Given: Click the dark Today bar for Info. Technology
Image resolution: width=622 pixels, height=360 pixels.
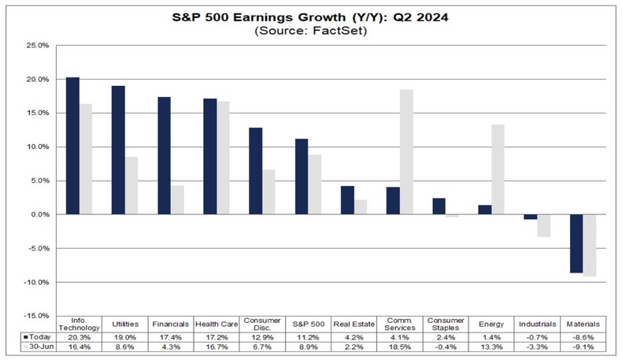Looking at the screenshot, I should pyautogui.click(x=72, y=146).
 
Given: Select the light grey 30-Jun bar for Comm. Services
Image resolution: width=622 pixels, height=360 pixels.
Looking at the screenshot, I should pyautogui.click(x=406, y=152).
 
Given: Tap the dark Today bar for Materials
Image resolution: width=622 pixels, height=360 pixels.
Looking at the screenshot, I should pyautogui.click(x=576, y=243).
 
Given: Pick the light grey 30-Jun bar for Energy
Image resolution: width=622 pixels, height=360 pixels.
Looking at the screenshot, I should pyautogui.click(x=498, y=169).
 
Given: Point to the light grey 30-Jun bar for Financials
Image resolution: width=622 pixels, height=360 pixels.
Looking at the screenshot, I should pyautogui.click(x=177, y=200).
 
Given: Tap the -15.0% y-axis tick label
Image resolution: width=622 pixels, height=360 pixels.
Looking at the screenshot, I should pyautogui.click(x=37, y=316).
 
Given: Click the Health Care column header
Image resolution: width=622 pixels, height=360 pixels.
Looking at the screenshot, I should pyautogui.click(x=217, y=324).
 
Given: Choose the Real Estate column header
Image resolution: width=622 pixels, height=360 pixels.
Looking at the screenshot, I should pyautogui.click(x=354, y=324).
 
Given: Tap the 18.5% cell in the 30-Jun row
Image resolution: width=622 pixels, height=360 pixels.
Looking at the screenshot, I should pyautogui.click(x=399, y=346).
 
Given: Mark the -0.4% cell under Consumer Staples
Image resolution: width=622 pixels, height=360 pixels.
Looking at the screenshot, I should pyautogui.click(x=445, y=346).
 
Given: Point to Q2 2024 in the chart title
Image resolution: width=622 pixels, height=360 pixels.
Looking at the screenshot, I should pyautogui.click(x=415, y=16).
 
